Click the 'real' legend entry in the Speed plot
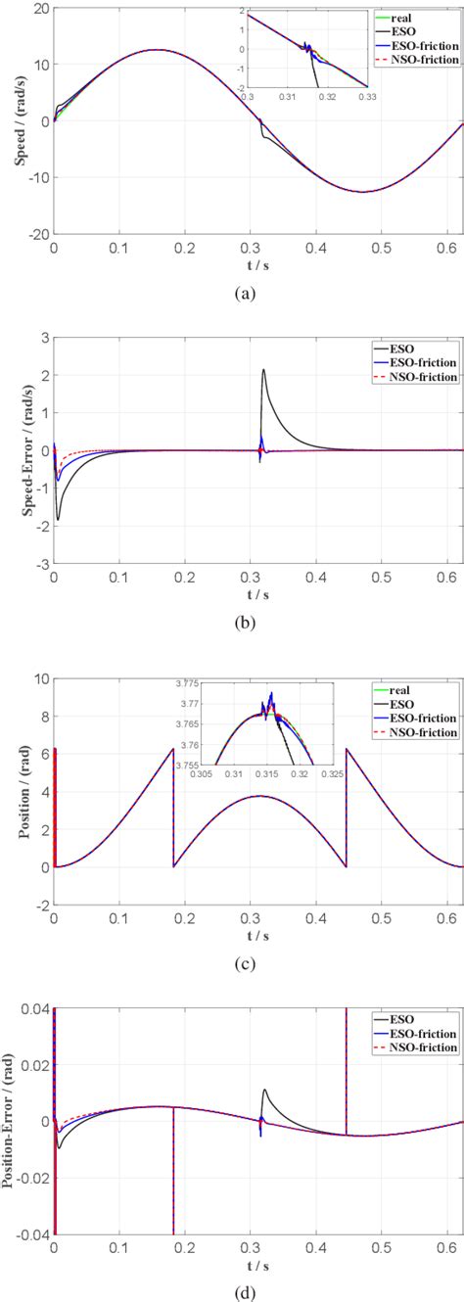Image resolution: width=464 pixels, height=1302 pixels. coord(429,18)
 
